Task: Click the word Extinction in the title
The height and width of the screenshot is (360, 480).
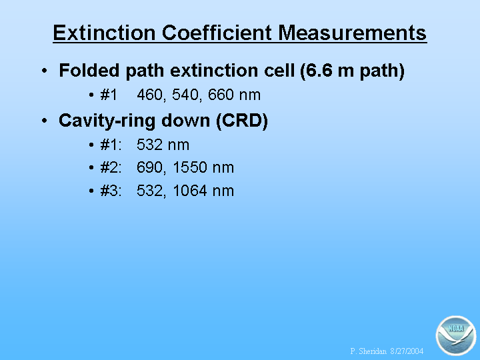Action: point(104,33)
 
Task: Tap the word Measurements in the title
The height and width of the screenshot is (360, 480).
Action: point(353,33)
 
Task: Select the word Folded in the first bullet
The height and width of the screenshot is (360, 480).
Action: point(89,70)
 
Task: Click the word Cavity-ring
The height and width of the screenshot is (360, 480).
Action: point(107,121)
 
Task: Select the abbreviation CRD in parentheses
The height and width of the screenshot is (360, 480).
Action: point(242,120)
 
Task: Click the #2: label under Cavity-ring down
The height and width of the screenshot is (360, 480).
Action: point(111,167)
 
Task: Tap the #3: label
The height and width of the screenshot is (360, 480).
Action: point(111,191)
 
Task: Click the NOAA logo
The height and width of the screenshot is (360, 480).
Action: point(456,335)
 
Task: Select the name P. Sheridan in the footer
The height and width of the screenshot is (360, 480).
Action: point(368,351)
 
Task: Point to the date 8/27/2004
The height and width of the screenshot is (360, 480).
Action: point(407,351)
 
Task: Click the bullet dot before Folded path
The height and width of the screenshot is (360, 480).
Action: point(45,71)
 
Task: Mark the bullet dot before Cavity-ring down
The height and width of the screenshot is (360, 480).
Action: point(45,121)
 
